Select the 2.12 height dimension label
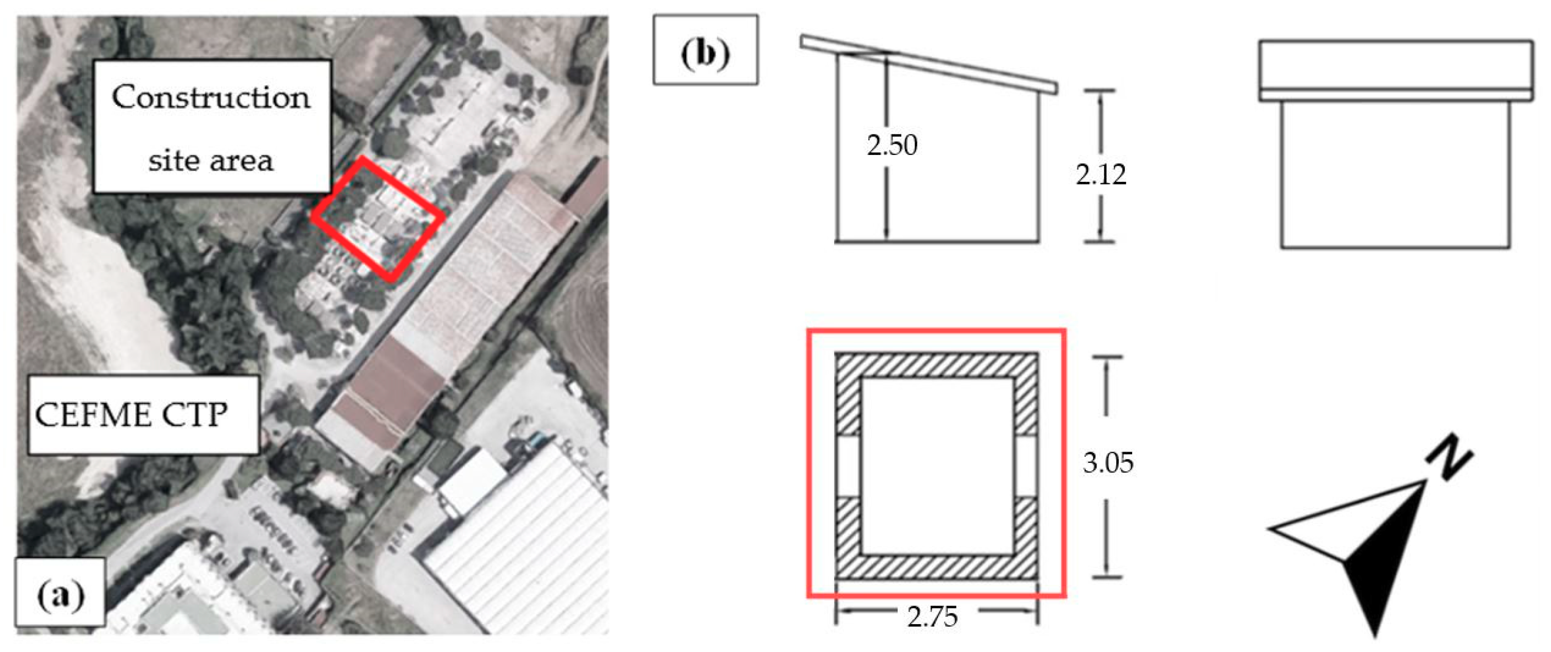pyautogui.click(x=1101, y=175)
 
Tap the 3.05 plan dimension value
pyautogui.click(x=1108, y=463)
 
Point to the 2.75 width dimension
pyautogui.click(x=932, y=617)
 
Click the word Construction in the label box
pyautogui.click(x=211, y=98)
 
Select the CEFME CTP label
pyautogui.click(x=131, y=415)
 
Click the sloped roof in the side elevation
pyautogui.click(x=929, y=65)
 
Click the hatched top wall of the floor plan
pyautogui.click(x=936, y=365)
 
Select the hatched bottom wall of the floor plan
pyautogui.click(x=936, y=567)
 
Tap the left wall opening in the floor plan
pyautogui.click(x=849, y=467)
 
